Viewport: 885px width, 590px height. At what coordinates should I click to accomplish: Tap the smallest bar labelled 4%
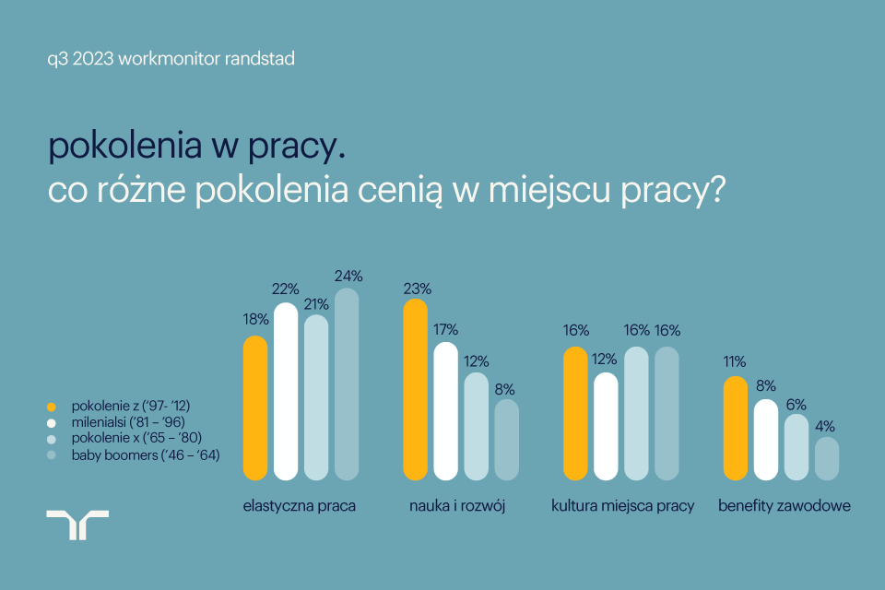(827, 458)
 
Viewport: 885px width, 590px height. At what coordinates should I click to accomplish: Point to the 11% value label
(735, 361)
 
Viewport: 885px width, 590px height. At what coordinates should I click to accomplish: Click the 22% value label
(286, 289)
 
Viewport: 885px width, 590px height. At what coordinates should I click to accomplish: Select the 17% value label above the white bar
(445, 328)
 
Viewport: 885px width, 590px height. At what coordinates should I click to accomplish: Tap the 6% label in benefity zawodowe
(796, 404)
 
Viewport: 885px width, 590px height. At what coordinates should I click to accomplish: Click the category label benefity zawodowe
(784, 506)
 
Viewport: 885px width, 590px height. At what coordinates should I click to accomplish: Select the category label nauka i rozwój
(458, 506)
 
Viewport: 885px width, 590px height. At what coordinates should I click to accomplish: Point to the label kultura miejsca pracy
(622, 506)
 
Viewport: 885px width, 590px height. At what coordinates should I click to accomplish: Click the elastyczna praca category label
(300, 506)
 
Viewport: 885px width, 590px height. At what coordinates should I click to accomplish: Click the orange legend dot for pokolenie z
(52, 406)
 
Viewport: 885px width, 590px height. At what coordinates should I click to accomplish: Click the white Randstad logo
(77, 525)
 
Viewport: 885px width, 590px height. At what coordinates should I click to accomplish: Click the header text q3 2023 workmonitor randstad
(171, 59)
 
